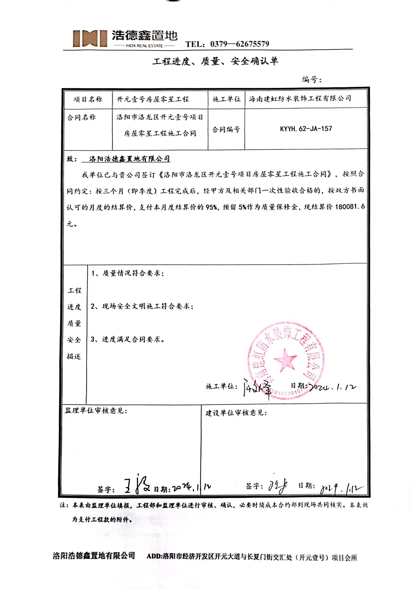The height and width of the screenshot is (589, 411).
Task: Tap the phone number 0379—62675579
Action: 239,44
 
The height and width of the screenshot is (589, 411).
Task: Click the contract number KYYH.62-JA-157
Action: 306,129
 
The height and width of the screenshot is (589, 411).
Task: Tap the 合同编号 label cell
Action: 226,129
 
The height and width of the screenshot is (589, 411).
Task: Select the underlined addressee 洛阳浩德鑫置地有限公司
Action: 129,159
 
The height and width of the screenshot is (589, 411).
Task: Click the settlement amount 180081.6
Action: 350,207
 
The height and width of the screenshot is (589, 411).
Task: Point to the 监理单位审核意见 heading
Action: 96,411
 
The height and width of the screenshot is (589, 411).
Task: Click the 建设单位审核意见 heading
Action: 236,413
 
